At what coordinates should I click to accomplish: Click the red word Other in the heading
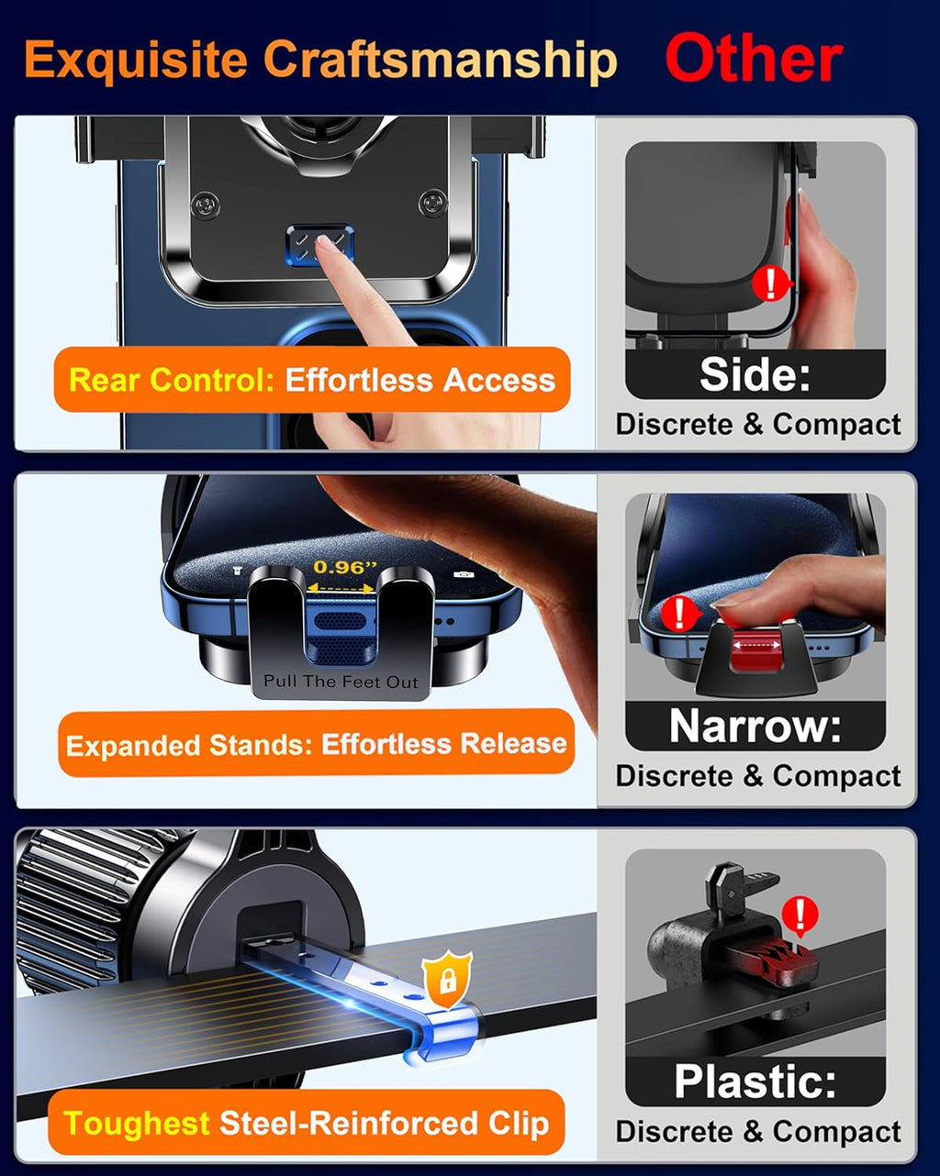click(x=753, y=60)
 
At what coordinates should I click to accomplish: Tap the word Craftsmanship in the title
click(x=440, y=61)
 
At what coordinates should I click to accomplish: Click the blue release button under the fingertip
click(x=319, y=245)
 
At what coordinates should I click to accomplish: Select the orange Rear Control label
click(x=312, y=380)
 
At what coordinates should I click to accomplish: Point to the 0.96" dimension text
click(x=339, y=568)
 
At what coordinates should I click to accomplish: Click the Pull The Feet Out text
click(x=341, y=682)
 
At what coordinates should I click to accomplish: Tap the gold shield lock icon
click(x=447, y=981)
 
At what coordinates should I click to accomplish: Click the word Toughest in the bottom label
click(x=137, y=1124)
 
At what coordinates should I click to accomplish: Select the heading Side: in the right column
click(x=755, y=374)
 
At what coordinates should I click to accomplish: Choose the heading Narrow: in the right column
click(x=755, y=727)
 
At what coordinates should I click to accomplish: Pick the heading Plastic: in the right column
click(x=755, y=1082)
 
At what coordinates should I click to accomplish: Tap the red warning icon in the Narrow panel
click(x=679, y=612)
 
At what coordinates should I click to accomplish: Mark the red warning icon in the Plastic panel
click(x=801, y=915)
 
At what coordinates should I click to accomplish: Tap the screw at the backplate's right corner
click(x=432, y=202)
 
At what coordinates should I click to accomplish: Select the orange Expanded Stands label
click(x=316, y=743)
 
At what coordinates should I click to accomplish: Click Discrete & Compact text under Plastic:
click(x=758, y=1132)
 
